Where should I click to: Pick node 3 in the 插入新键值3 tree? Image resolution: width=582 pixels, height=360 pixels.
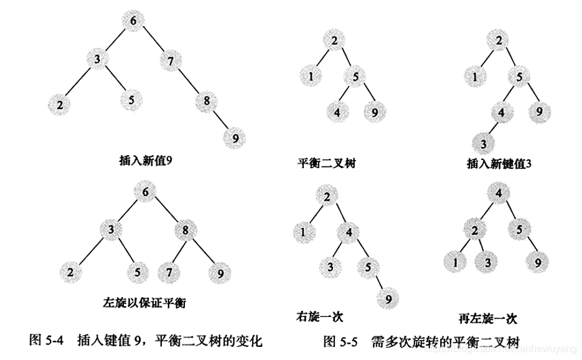pyautogui.click(x=484, y=144)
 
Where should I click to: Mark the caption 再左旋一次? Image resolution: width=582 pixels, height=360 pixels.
pyautogui.click(x=491, y=319)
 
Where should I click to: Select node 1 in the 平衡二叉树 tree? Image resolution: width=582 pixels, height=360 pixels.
pyautogui.click(x=310, y=77)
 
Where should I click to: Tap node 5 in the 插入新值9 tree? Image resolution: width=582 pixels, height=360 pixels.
pyautogui.click(x=131, y=100)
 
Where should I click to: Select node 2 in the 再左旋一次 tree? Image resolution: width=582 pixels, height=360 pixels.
pyautogui.click(x=474, y=230)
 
